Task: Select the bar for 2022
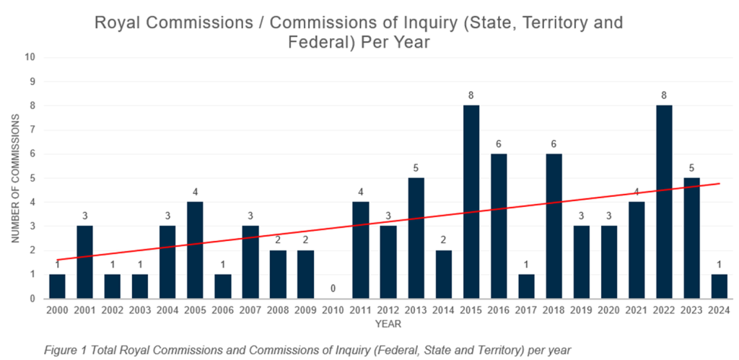click(x=663, y=202)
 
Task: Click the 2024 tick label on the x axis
click(x=719, y=309)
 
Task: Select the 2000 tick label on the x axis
click(x=58, y=309)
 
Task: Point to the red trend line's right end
click(x=720, y=183)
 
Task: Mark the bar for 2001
click(x=85, y=262)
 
